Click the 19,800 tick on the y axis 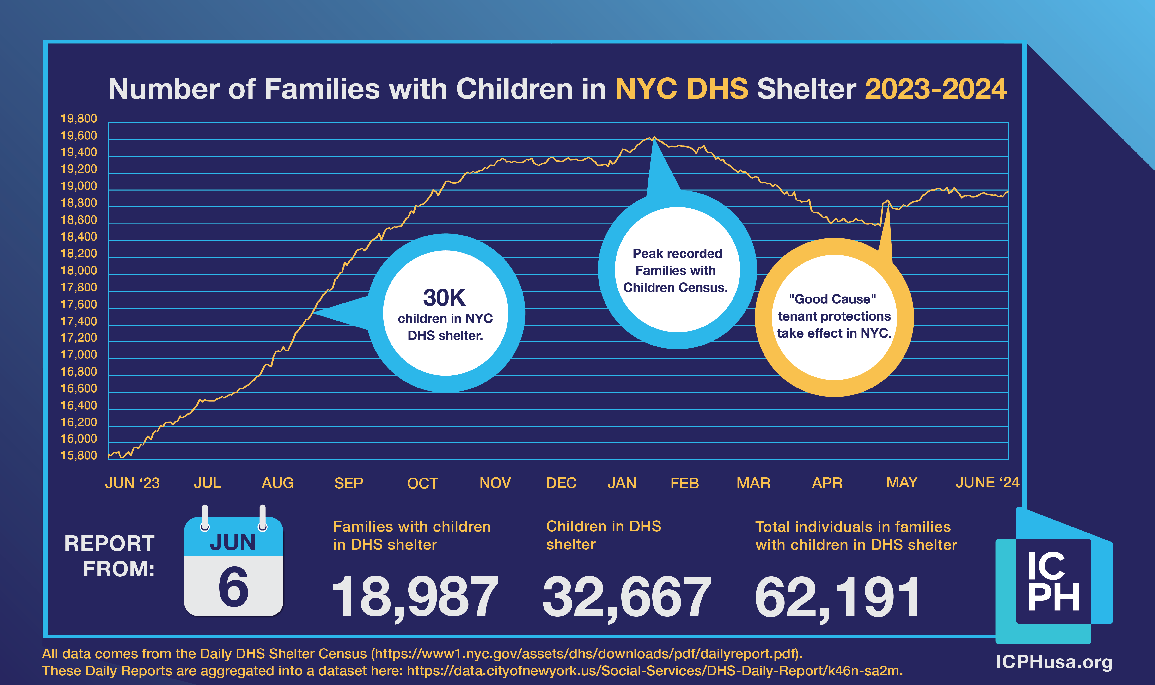pos(79,119)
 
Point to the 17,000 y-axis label pos(79,354)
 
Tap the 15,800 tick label pos(79,456)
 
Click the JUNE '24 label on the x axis pos(987,482)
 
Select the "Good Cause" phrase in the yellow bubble pos(832,299)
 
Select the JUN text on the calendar pos(233,542)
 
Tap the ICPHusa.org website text pos(1054,662)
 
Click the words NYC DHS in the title pos(681,89)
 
